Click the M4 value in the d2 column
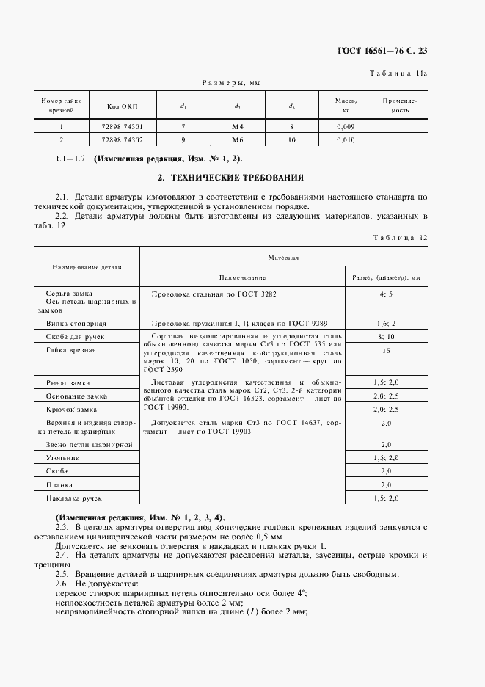coord(237,127)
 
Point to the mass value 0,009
coord(346,127)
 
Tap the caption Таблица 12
coord(400,237)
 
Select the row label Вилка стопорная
coord(76,323)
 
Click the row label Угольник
coord(63,457)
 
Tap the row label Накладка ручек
coord(74,498)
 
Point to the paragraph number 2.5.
coord(62,574)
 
